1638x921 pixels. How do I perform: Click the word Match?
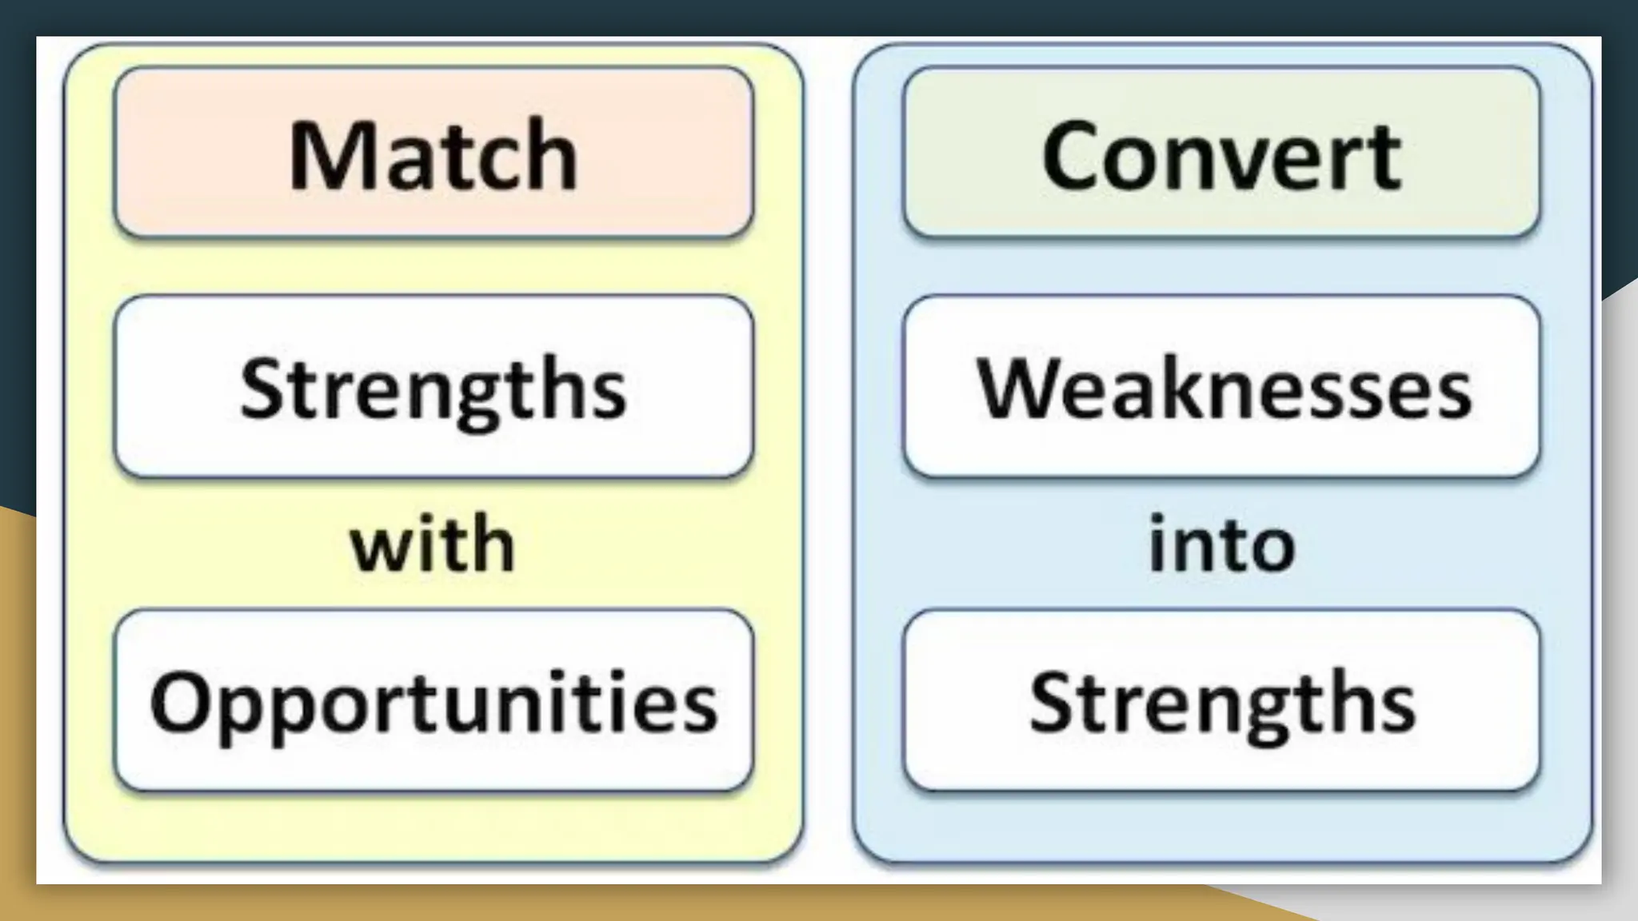[433, 155]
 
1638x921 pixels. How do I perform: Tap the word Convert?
[1221, 155]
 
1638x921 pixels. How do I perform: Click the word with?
[433, 544]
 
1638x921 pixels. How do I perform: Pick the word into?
[1221, 544]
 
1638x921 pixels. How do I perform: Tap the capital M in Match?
[322, 155]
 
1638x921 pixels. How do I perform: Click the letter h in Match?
[553, 155]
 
